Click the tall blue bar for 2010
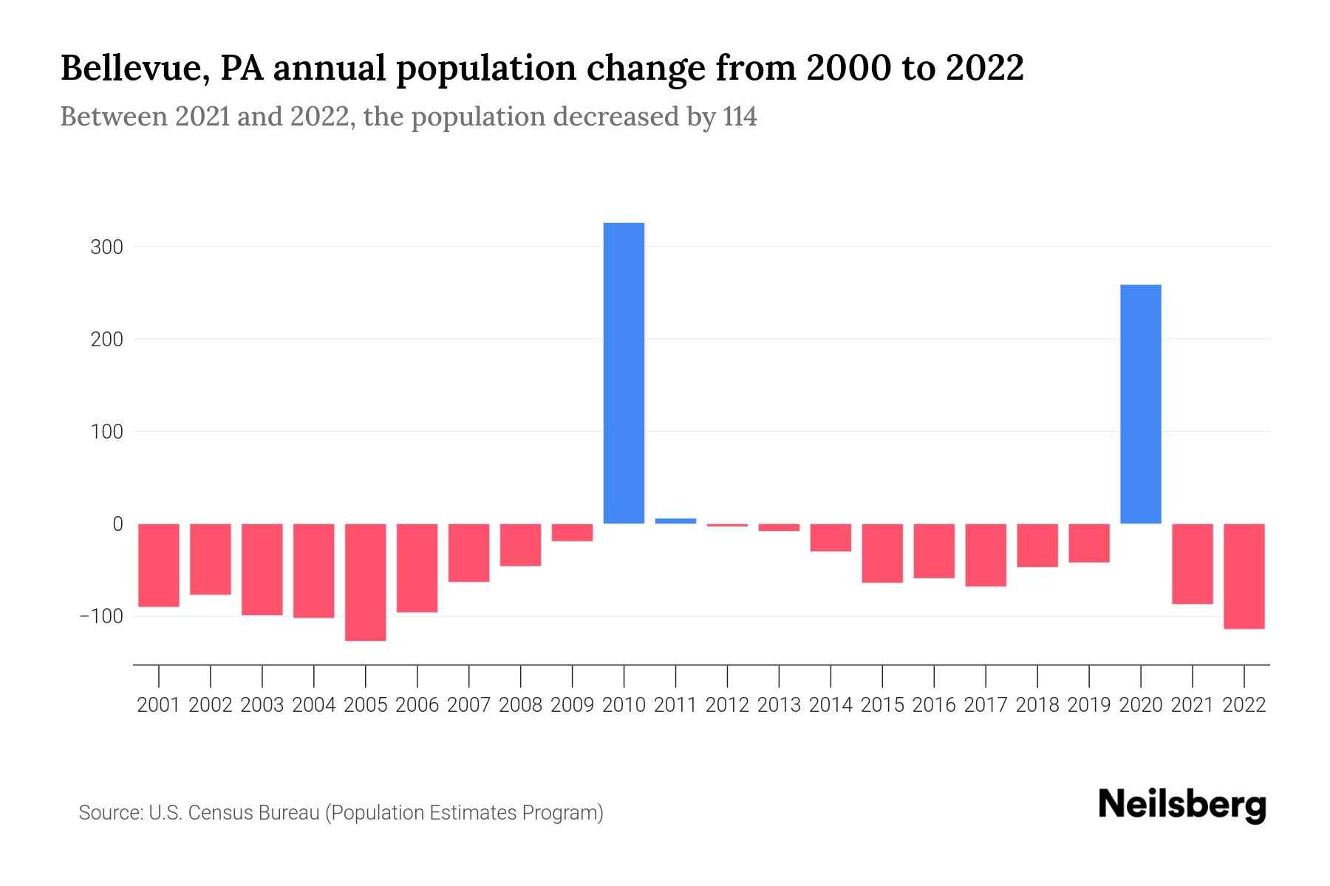point(624,373)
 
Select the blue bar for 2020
point(1140,404)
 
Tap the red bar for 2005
point(365,582)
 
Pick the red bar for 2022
point(1244,576)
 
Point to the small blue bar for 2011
point(675,521)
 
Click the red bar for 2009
point(572,532)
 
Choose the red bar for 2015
point(881,553)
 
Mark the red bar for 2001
point(159,565)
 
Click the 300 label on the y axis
point(106,247)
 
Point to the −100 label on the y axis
point(101,617)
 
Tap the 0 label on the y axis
point(117,524)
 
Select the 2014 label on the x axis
point(831,705)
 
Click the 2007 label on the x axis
point(468,705)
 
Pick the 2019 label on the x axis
point(1088,705)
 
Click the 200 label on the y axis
point(106,340)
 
